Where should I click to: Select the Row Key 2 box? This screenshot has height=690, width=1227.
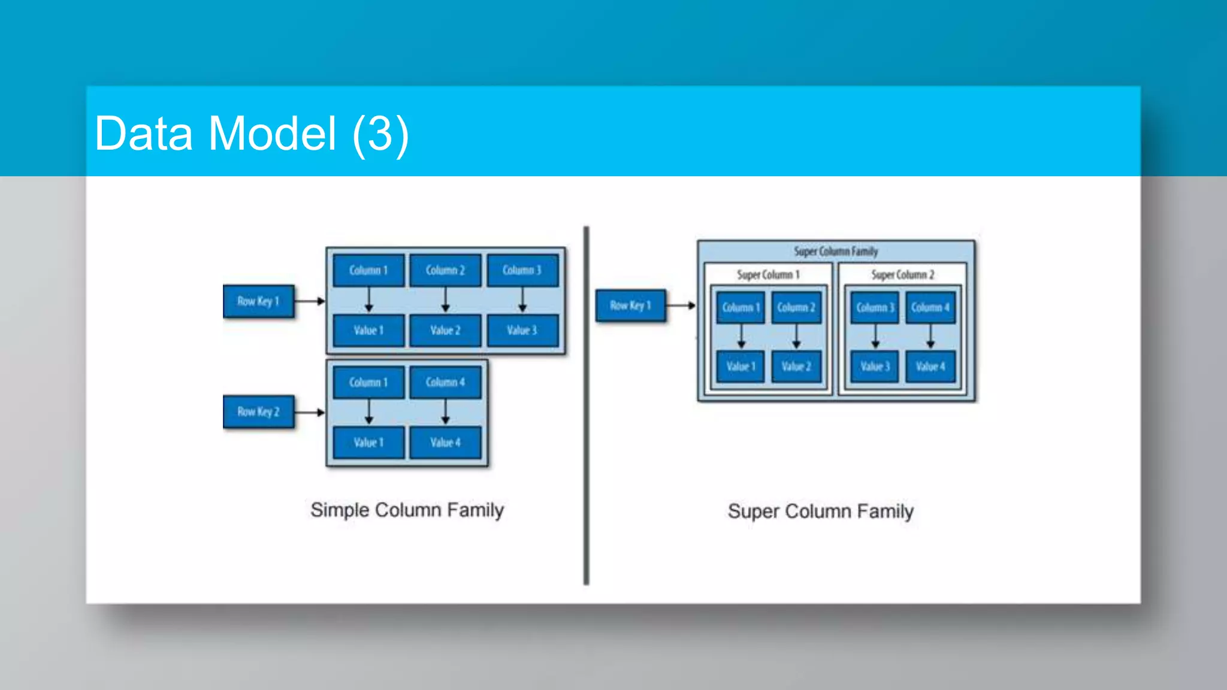[259, 411]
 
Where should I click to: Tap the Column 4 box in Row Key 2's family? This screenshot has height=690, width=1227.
[445, 382]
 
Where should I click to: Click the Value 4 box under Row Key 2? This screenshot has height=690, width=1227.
[445, 443]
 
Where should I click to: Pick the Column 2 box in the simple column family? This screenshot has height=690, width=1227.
[445, 270]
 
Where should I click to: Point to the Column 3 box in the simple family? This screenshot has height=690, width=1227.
[522, 270]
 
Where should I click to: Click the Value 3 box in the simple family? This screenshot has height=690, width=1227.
[522, 330]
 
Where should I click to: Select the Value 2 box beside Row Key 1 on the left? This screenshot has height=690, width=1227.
[445, 330]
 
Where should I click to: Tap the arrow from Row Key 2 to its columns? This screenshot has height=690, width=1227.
[310, 412]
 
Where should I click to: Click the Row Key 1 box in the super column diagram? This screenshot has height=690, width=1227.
[630, 305]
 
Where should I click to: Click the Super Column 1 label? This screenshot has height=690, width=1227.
[768, 274]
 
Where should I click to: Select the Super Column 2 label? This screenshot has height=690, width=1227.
[902, 274]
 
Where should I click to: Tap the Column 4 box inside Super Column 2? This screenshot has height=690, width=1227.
[930, 307]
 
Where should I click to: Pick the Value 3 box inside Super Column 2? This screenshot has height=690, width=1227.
[875, 366]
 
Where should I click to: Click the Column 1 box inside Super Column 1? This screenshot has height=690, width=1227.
[741, 307]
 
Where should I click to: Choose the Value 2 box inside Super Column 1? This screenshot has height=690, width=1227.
[796, 366]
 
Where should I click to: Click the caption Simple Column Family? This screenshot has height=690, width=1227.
[407, 510]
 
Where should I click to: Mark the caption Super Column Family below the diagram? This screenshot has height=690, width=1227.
[820, 512]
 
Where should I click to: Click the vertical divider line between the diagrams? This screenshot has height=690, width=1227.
[586, 407]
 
